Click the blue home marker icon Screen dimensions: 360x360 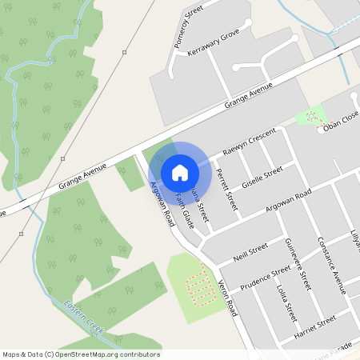click(x=180, y=172)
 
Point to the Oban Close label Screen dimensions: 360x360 click(x=342, y=122)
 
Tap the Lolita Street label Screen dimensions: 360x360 click(x=286, y=302)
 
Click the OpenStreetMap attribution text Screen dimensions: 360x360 click(x=81, y=354)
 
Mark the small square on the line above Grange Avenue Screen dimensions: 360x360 click(x=124, y=52)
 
